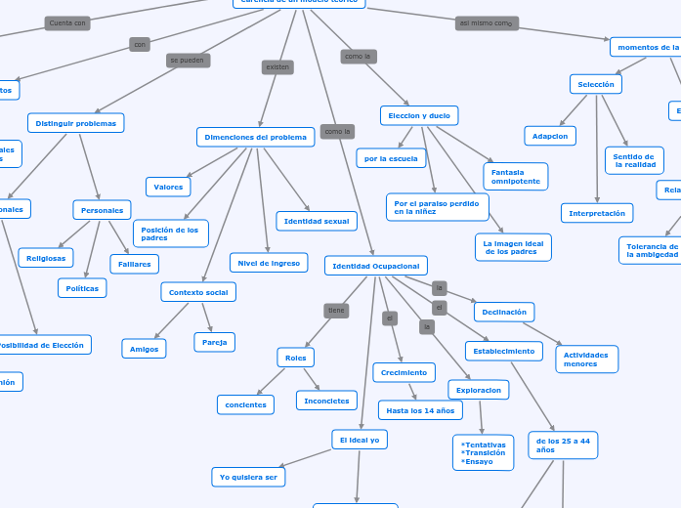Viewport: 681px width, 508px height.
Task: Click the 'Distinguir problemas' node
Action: (x=76, y=124)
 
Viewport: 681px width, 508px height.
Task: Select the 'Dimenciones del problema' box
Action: (x=255, y=138)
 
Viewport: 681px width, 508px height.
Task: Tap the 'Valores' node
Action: (x=168, y=187)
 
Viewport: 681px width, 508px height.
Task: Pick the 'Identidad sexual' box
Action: (x=316, y=222)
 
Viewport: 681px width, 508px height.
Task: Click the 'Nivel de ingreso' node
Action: (x=268, y=263)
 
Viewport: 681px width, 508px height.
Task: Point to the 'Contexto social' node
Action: (x=197, y=292)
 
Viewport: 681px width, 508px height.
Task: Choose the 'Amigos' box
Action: (x=144, y=349)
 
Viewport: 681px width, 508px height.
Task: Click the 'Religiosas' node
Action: (x=46, y=258)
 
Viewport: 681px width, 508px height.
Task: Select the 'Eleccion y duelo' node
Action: (x=419, y=116)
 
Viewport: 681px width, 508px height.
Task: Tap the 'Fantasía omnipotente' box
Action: (x=515, y=176)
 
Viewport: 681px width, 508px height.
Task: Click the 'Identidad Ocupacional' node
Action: (x=375, y=266)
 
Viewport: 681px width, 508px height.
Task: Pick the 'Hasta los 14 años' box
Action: (x=420, y=410)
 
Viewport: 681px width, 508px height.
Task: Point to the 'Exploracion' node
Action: (x=478, y=390)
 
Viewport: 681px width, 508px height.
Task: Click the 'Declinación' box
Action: (x=503, y=313)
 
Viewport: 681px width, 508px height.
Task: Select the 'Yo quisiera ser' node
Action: (x=248, y=477)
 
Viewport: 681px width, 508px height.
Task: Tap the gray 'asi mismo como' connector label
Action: (x=487, y=23)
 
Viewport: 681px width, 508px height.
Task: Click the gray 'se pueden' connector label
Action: (x=188, y=61)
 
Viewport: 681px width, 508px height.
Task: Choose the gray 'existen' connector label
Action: (x=277, y=67)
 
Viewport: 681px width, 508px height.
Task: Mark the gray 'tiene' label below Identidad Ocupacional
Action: (x=336, y=311)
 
